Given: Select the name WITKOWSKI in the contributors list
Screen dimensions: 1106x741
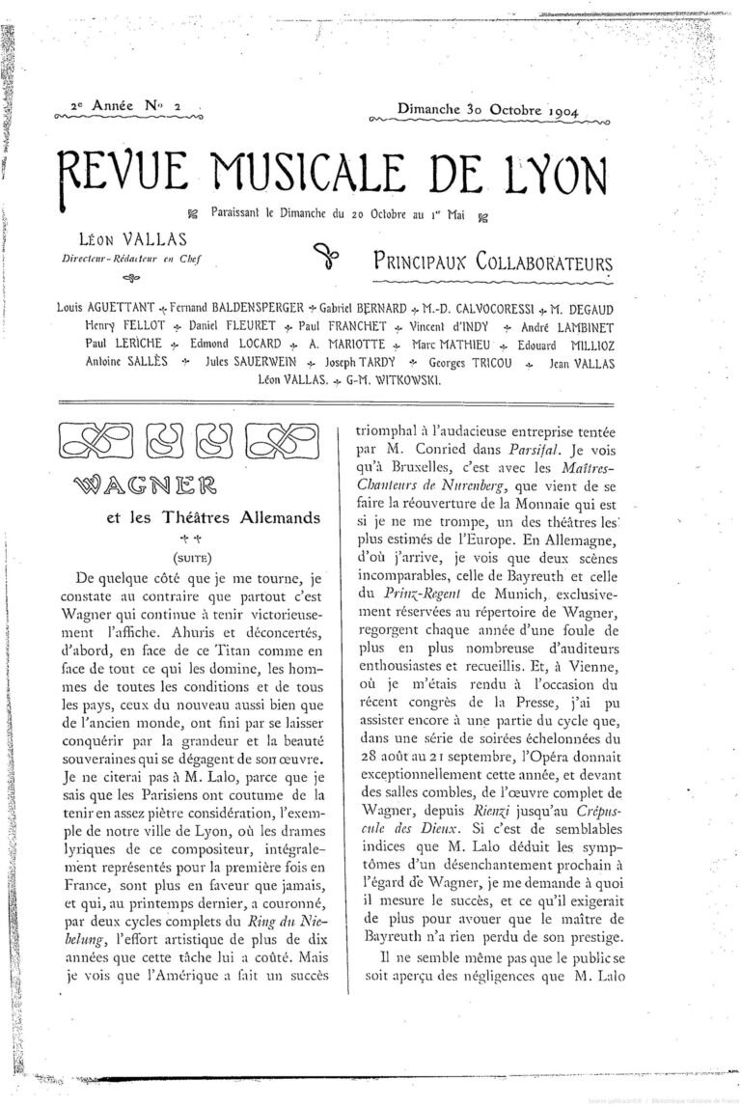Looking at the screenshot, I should (398, 380).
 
